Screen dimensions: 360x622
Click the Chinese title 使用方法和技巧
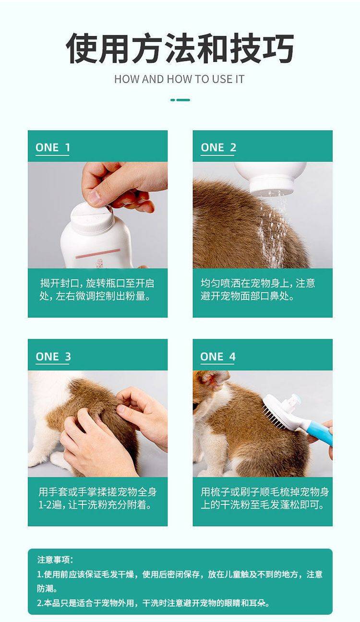(x=180, y=48)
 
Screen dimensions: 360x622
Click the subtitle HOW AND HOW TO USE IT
(x=180, y=79)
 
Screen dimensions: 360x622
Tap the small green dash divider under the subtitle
(x=180, y=100)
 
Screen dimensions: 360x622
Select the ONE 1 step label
(x=52, y=147)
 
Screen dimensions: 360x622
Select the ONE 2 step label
(x=218, y=147)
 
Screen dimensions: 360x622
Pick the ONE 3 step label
(x=53, y=357)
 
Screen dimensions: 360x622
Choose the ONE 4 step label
(x=218, y=357)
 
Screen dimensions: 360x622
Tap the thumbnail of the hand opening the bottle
(x=97, y=215)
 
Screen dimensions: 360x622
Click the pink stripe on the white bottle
(x=97, y=253)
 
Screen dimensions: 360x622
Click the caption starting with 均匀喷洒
(x=258, y=289)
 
